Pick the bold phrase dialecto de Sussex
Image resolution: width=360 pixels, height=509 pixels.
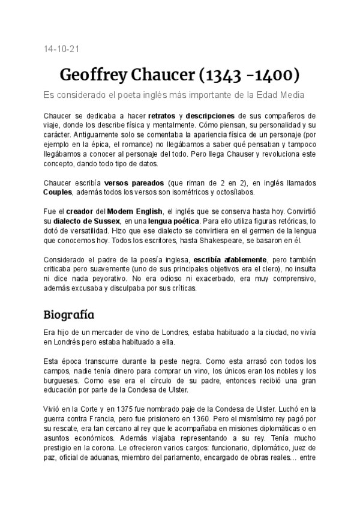pyautogui.click(x=82, y=221)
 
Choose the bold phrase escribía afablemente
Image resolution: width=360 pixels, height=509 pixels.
pyautogui.click(x=230, y=259)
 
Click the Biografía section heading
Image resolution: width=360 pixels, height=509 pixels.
pyautogui.click(x=69, y=314)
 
